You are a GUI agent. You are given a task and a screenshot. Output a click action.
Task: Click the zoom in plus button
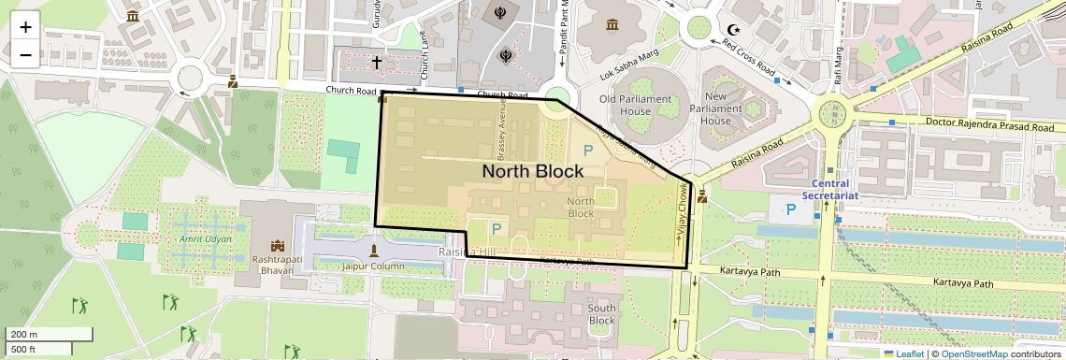25,26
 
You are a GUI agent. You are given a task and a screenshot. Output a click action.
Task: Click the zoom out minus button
25,54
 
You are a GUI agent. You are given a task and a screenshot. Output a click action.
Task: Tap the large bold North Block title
533,171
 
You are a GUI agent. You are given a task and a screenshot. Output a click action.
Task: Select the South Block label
602,314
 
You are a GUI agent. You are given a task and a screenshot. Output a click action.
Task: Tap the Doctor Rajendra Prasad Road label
995,123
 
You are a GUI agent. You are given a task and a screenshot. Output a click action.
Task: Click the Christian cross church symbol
377,63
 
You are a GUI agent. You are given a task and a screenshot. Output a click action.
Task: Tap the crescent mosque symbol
734,30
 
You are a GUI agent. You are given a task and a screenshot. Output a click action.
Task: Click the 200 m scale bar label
24,334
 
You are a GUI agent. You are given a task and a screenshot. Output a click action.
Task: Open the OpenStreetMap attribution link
973,353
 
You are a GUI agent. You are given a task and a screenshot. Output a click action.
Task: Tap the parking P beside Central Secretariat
791,209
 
